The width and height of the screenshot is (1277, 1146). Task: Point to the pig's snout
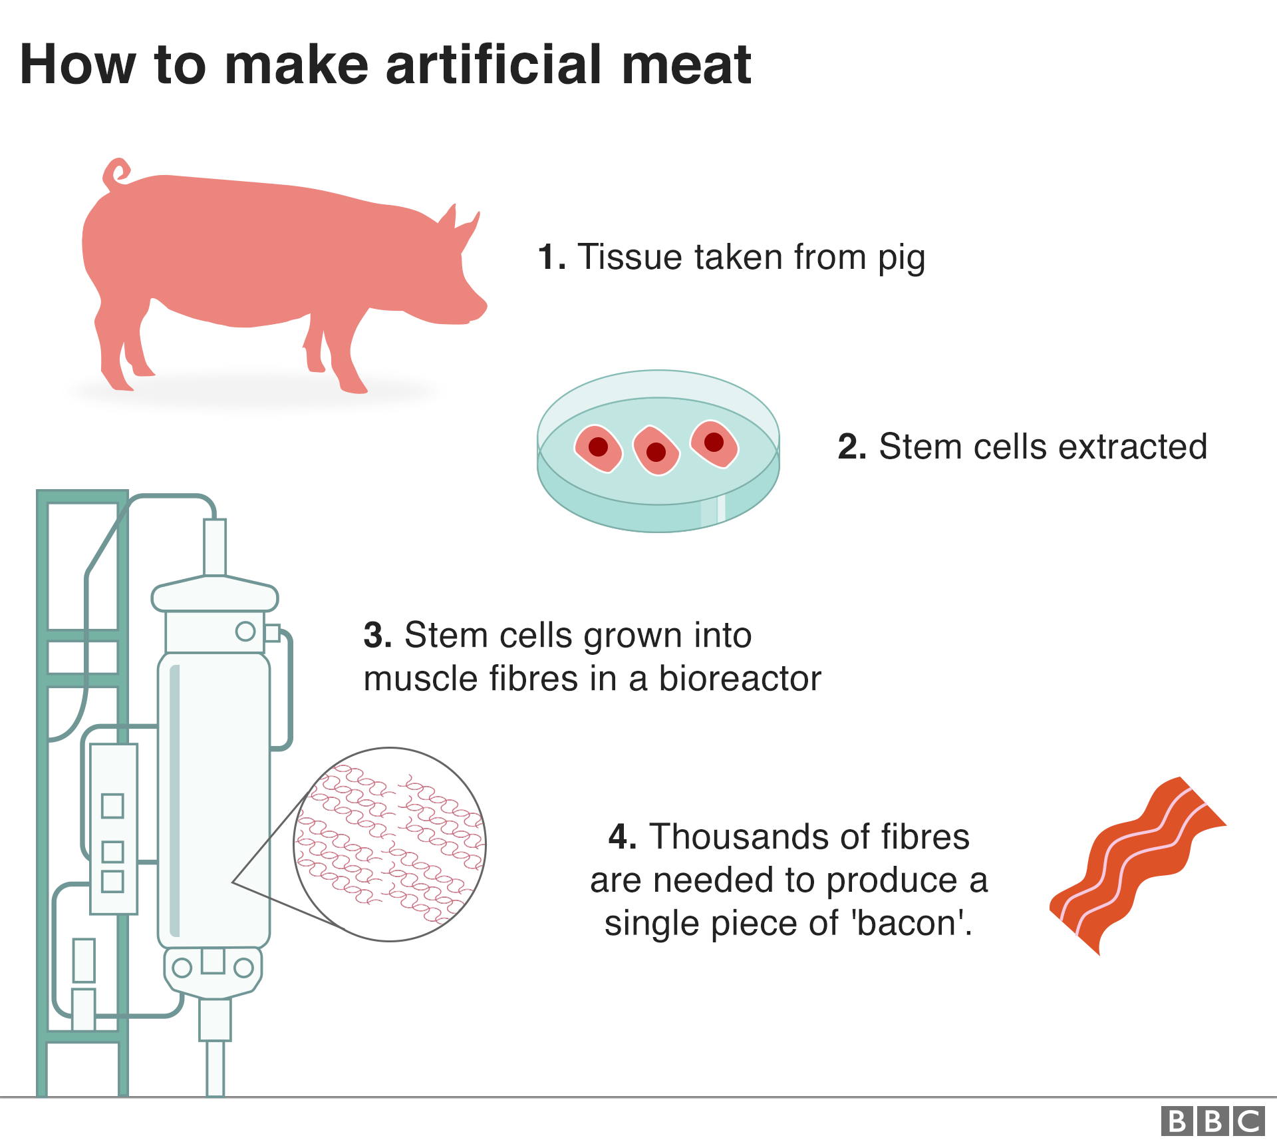point(477,308)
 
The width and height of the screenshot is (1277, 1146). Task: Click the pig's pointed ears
point(459,223)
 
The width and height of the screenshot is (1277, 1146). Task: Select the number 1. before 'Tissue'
point(551,257)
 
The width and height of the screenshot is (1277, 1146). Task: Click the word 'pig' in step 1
point(901,259)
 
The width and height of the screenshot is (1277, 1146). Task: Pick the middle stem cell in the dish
point(656,450)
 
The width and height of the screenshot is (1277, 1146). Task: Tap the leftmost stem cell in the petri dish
point(598,449)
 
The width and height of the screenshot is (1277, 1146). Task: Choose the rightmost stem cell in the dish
point(714,444)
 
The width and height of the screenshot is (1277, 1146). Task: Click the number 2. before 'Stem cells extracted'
point(852,447)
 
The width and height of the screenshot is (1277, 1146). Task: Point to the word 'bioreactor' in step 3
point(740,679)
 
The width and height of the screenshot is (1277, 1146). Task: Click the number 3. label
point(378,636)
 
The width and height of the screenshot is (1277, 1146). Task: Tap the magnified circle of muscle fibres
point(390,844)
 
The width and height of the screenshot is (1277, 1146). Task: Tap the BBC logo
point(1213,1121)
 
